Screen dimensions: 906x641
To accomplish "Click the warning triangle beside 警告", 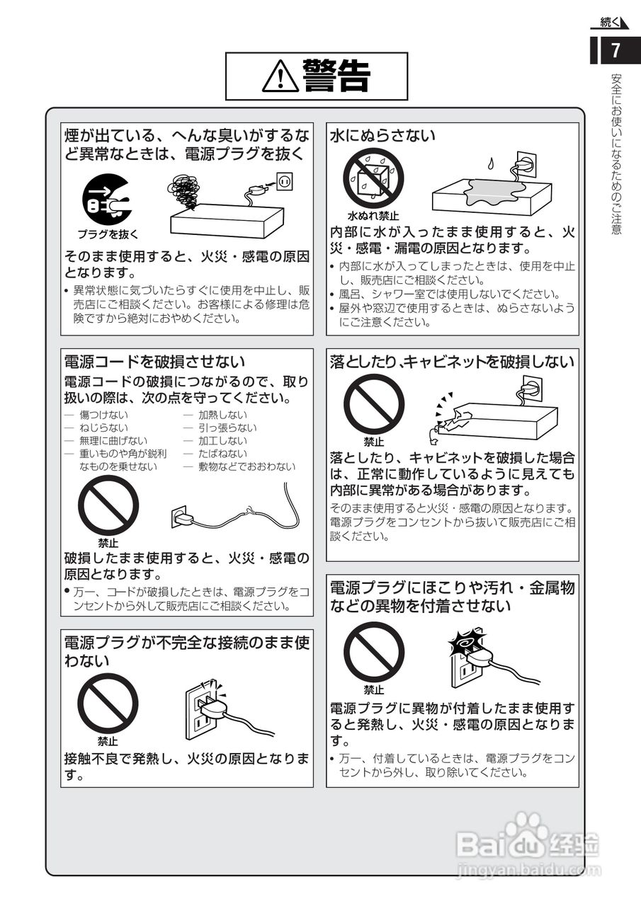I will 280,76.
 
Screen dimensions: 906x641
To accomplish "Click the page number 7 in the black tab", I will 616,51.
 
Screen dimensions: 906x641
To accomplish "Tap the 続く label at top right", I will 609,23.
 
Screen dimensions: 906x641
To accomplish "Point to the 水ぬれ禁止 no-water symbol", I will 373,178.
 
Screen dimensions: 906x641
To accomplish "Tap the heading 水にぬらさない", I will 383,135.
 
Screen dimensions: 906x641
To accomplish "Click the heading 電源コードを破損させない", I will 154,362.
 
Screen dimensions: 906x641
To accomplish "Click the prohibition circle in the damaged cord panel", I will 108,505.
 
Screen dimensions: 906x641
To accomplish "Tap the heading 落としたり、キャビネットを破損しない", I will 452,362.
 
